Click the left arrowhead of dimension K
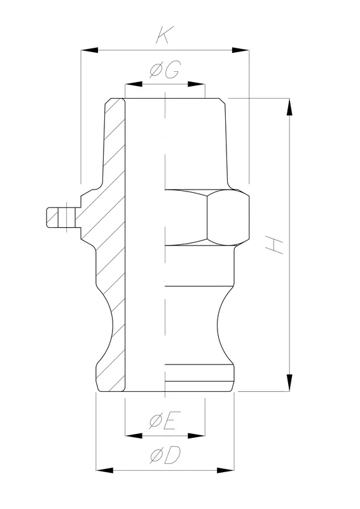(x=87, y=49)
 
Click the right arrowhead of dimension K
(x=242, y=49)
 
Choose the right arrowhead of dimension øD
(x=229, y=470)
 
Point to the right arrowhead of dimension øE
(x=198, y=436)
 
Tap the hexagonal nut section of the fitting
(x=226, y=216)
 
